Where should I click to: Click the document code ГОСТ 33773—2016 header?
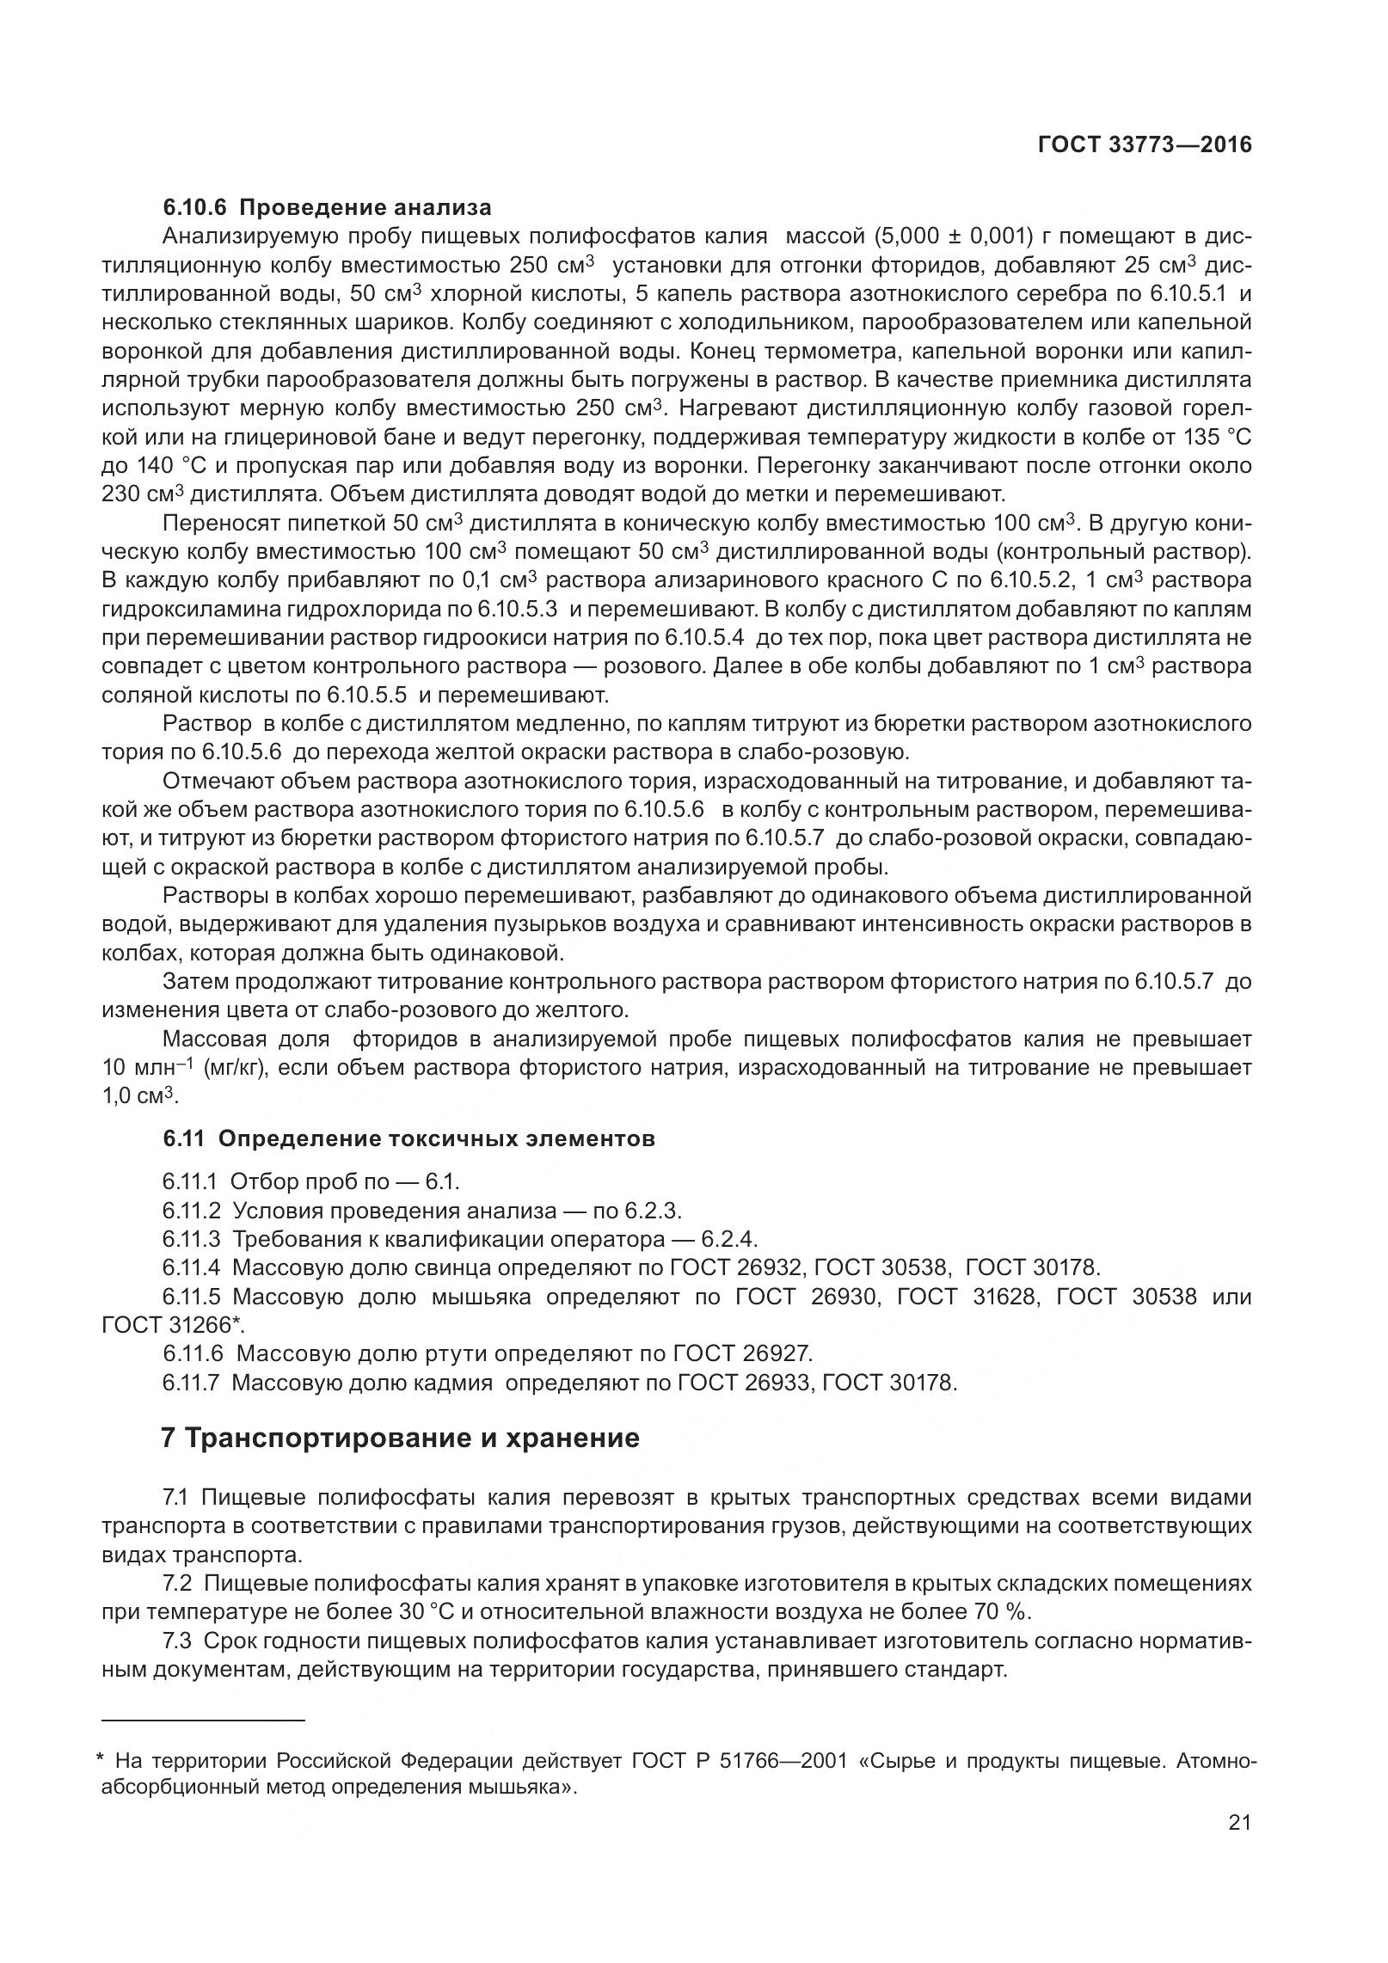click(1145, 144)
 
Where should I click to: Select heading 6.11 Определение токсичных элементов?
click(408, 1138)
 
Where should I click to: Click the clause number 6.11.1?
click(192, 1181)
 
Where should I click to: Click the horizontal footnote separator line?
click(203, 1720)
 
